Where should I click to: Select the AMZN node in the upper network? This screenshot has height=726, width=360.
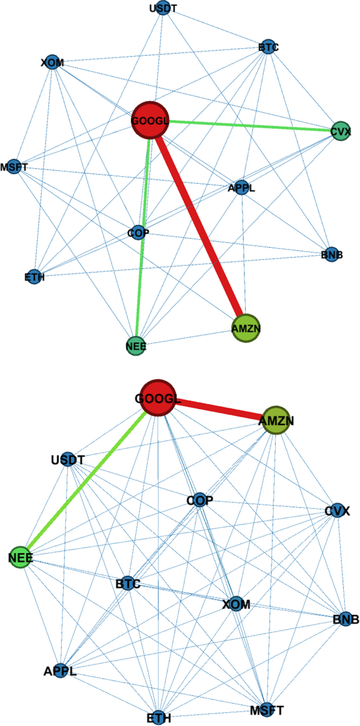coord(246,328)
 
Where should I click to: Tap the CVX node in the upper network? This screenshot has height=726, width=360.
coord(340,131)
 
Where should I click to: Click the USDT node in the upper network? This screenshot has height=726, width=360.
coord(163,9)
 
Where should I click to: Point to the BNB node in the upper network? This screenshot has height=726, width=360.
coord(331,255)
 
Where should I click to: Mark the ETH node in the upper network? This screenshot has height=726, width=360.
coord(34,276)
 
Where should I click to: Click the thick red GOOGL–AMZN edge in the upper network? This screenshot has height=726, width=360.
coord(200,226)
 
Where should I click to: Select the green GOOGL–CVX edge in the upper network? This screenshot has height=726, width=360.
coord(247,126)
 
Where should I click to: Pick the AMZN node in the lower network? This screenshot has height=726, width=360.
coord(276,421)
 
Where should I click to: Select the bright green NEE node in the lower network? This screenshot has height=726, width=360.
coord(21,558)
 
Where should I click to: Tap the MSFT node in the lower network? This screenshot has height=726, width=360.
coord(266,710)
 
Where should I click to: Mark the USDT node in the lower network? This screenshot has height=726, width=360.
coord(68,460)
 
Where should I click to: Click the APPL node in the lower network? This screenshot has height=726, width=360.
coord(60,670)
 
